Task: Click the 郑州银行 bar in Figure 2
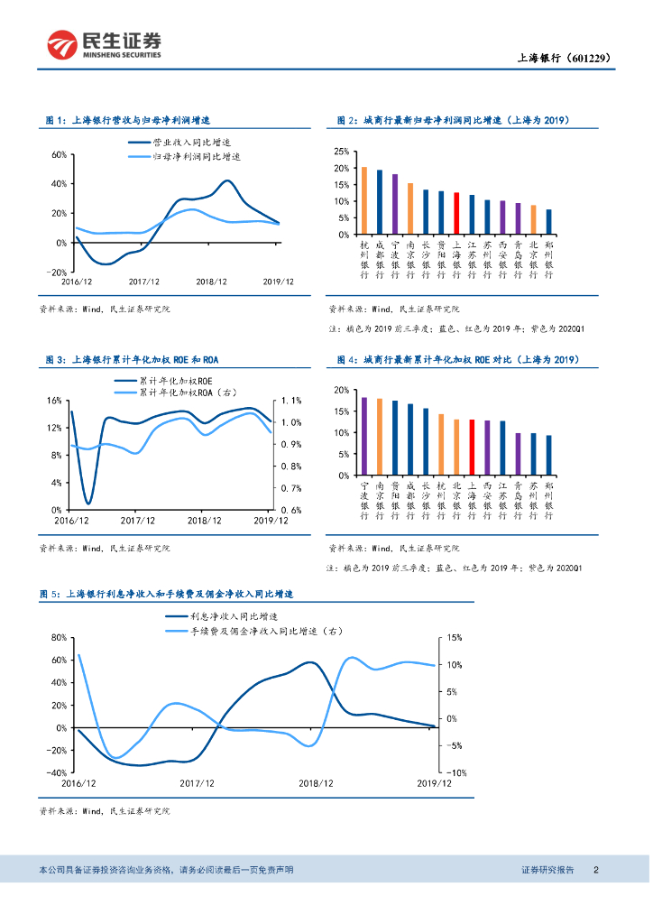[x=548, y=221]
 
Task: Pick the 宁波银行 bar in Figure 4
[x=363, y=436]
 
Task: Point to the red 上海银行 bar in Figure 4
[x=472, y=447]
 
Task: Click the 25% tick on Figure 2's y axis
[x=342, y=152]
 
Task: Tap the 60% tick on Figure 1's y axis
[x=57, y=154]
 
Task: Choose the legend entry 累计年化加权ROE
[x=172, y=381]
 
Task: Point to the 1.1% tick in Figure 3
[x=290, y=400]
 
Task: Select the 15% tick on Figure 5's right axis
[x=454, y=637]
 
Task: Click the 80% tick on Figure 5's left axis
[x=56, y=637]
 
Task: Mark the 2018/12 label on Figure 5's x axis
[x=316, y=784]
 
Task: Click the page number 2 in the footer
[x=595, y=870]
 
